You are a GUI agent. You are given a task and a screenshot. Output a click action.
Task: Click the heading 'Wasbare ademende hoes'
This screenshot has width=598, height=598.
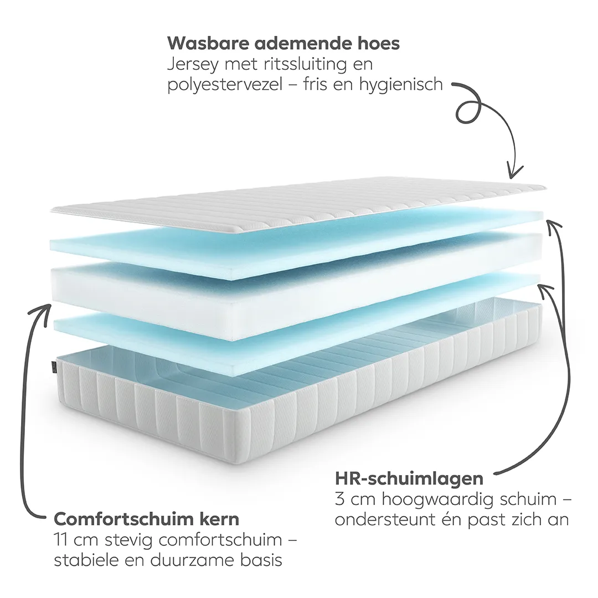tap(283, 43)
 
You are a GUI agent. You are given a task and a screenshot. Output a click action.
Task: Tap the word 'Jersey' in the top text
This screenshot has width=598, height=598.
tap(193, 65)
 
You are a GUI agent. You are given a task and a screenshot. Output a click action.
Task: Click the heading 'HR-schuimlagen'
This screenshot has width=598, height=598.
tap(409, 478)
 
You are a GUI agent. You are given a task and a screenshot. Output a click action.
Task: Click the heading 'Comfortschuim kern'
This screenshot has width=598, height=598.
tap(146, 519)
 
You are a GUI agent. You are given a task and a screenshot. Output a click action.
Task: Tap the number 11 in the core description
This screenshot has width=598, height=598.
tap(61, 540)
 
